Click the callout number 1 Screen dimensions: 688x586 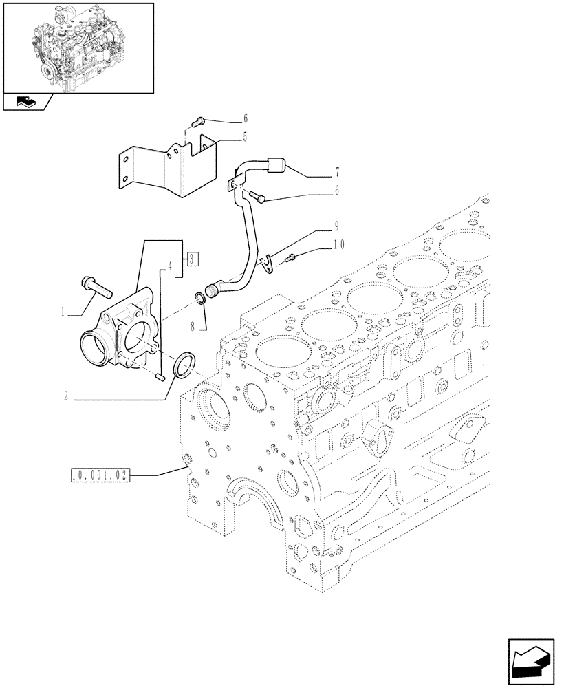coord(63,312)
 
